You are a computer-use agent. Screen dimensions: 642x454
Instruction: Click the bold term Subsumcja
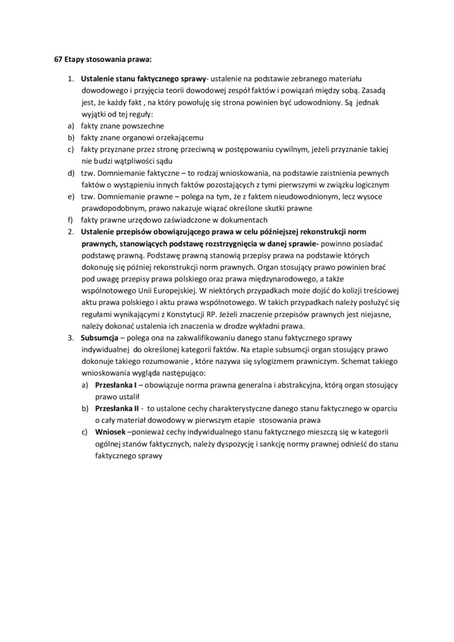(x=99, y=337)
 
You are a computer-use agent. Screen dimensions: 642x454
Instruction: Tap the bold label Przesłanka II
(x=117, y=408)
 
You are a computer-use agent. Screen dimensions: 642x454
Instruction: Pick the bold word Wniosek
(x=111, y=432)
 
